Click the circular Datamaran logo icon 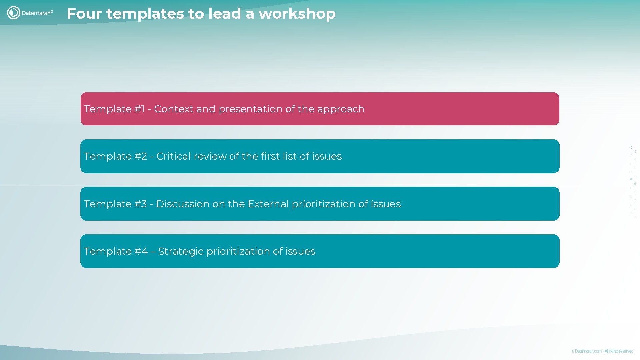point(14,13)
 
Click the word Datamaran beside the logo point(36,13)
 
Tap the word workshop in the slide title point(297,14)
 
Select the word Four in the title point(84,14)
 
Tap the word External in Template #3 point(268,204)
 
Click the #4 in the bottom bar point(141,251)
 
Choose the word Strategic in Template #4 point(181,251)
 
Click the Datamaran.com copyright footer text point(602,351)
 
